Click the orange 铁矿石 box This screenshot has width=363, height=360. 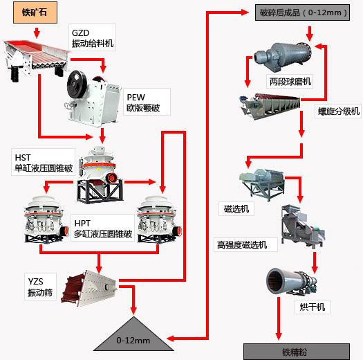click(x=35, y=12)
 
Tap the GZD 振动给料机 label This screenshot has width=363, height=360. click(x=93, y=37)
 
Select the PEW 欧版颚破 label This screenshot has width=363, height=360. click(x=147, y=102)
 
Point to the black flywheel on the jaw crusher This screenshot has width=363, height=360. click(x=77, y=84)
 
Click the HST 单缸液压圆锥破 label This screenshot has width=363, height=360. click(x=44, y=162)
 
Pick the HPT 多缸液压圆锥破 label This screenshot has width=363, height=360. click(x=102, y=228)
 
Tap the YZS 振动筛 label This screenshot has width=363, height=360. click(x=40, y=287)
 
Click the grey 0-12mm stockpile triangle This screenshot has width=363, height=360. click(x=133, y=335)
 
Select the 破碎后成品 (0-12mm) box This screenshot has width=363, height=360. click(x=302, y=12)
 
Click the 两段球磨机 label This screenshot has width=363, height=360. click(x=290, y=82)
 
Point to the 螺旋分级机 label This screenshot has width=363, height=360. click(x=338, y=111)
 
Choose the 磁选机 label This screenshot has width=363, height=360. click(x=236, y=208)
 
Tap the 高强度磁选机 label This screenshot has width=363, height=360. click(x=245, y=245)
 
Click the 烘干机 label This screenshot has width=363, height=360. click(x=313, y=307)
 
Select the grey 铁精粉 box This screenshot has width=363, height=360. click(x=297, y=352)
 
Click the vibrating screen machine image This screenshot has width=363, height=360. click(x=89, y=288)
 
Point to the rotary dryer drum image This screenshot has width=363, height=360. click(x=291, y=281)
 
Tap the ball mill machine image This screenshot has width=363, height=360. click(x=283, y=56)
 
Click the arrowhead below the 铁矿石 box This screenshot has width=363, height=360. click(x=37, y=35)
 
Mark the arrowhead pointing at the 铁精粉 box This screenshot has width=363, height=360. click(x=279, y=337)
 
